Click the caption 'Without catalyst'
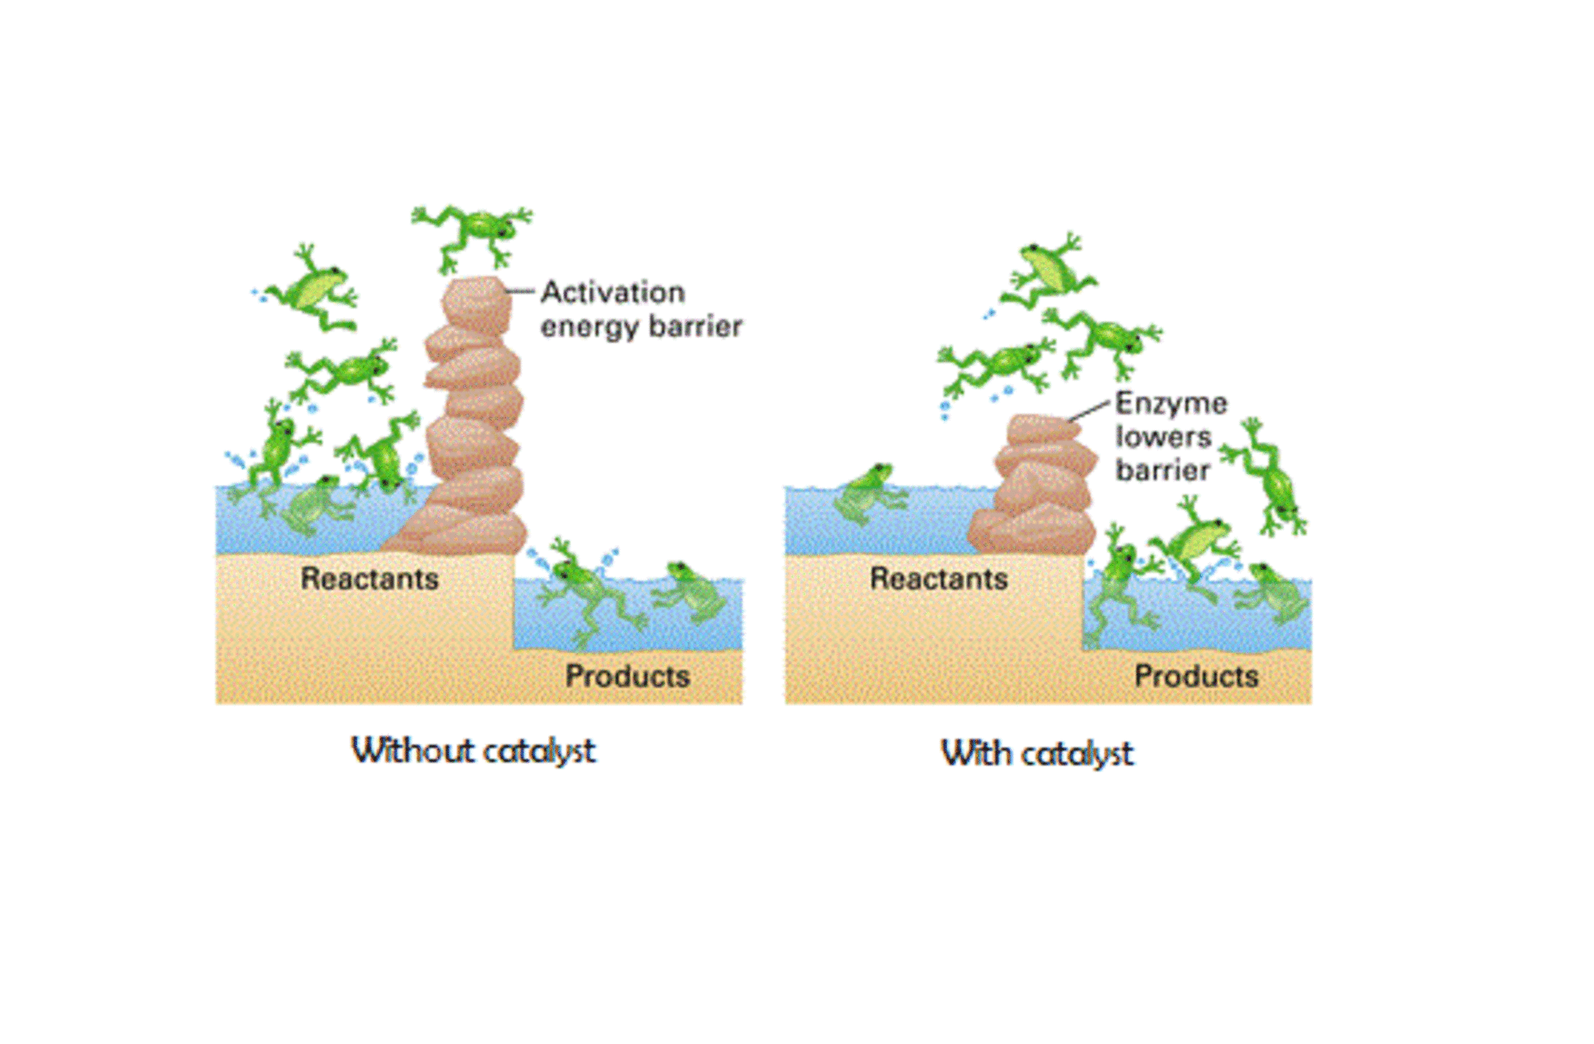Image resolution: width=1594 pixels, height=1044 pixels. pos(473,751)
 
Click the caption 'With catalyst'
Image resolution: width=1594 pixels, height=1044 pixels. pos(1037,753)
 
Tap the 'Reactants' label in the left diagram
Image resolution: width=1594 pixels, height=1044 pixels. pos(370,579)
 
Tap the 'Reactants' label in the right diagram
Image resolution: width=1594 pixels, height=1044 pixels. pos(939,579)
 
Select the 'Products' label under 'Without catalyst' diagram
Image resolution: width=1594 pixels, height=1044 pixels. pos(627,677)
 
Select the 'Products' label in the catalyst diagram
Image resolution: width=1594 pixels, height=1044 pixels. pos(1196,677)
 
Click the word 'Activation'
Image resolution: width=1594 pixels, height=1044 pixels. pos(613,292)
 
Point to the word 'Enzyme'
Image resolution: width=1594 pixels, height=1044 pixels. pos(1171,403)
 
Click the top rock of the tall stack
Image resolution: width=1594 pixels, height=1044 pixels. pos(477,303)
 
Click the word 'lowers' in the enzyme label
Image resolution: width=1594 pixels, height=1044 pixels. pos(1163,437)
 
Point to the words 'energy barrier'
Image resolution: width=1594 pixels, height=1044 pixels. pos(642,327)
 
